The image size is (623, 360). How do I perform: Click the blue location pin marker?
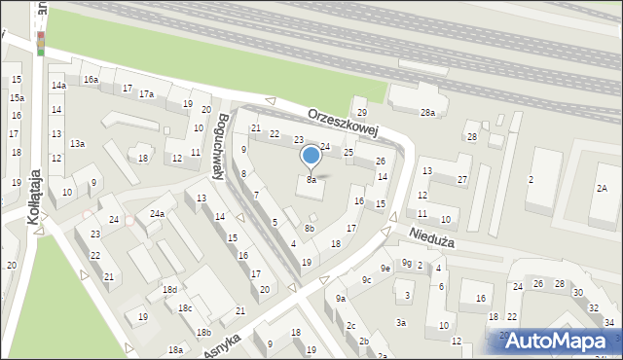[x=311, y=156]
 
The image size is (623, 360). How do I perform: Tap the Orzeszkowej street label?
[x=342, y=123]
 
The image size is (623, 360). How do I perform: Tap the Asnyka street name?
[x=221, y=342]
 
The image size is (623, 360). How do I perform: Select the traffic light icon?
[x=41, y=43]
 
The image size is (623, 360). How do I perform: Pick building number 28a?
[x=427, y=114]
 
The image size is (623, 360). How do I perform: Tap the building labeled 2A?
[x=603, y=188]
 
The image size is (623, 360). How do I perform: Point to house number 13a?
[x=77, y=143]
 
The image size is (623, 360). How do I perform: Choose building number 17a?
[x=146, y=93]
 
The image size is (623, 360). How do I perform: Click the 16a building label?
[x=91, y=79]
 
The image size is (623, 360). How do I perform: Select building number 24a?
[x=156, y=213]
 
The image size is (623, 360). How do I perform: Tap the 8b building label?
[x=309, y=228]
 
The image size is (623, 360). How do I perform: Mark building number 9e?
[x=385, y=268]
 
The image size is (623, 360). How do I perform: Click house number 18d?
[x=170, y=290]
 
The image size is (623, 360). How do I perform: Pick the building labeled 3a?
[x=400, y=322]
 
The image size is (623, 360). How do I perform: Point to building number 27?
[x=462, y=179]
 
